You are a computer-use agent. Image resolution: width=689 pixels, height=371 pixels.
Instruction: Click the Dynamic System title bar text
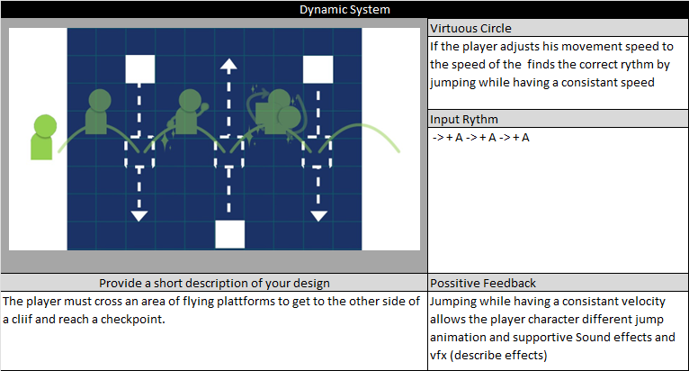344,9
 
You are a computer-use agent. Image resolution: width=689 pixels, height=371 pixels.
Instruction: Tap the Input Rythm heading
464,120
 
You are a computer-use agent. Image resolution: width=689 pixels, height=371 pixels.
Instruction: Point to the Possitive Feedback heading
481,283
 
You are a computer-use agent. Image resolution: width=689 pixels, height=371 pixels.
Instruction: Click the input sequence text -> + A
480,138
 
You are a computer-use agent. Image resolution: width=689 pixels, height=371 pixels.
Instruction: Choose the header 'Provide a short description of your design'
214,283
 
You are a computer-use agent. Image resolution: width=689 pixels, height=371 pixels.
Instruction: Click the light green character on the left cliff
42,137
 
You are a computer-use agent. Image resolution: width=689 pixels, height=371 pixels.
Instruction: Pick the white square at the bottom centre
230,233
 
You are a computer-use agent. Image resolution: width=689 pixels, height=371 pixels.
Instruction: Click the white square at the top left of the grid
139,69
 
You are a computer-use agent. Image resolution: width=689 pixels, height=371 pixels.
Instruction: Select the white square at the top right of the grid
318,69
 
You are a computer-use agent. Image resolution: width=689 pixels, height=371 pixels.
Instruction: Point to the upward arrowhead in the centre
229,65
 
